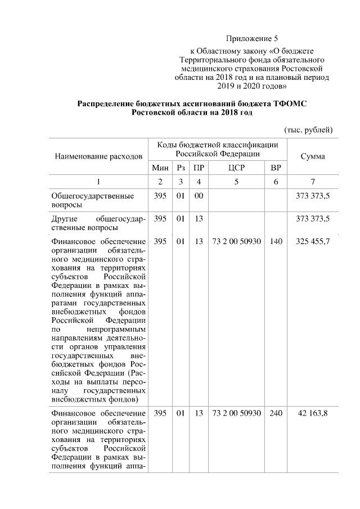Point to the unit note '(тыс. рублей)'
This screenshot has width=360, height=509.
pos(308,129)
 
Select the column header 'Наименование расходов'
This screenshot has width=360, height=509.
pos(98,155)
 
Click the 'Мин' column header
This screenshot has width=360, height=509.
pos(160,168)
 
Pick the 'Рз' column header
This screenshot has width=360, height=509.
pos(180,168)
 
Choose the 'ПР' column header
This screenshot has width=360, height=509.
pos(198,168)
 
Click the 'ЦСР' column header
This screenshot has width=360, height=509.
pos(236,168)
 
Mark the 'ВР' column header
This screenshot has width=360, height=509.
pos(276,168)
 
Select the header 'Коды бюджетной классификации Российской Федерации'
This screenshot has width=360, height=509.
pos(217,149)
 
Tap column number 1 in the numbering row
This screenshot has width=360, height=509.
pos(98,182)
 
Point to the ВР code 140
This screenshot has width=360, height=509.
pos(276,241)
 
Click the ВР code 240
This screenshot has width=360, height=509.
pos(276,413)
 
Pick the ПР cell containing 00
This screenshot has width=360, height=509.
pos(198,196)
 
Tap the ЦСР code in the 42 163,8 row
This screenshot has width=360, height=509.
pos(236,413)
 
